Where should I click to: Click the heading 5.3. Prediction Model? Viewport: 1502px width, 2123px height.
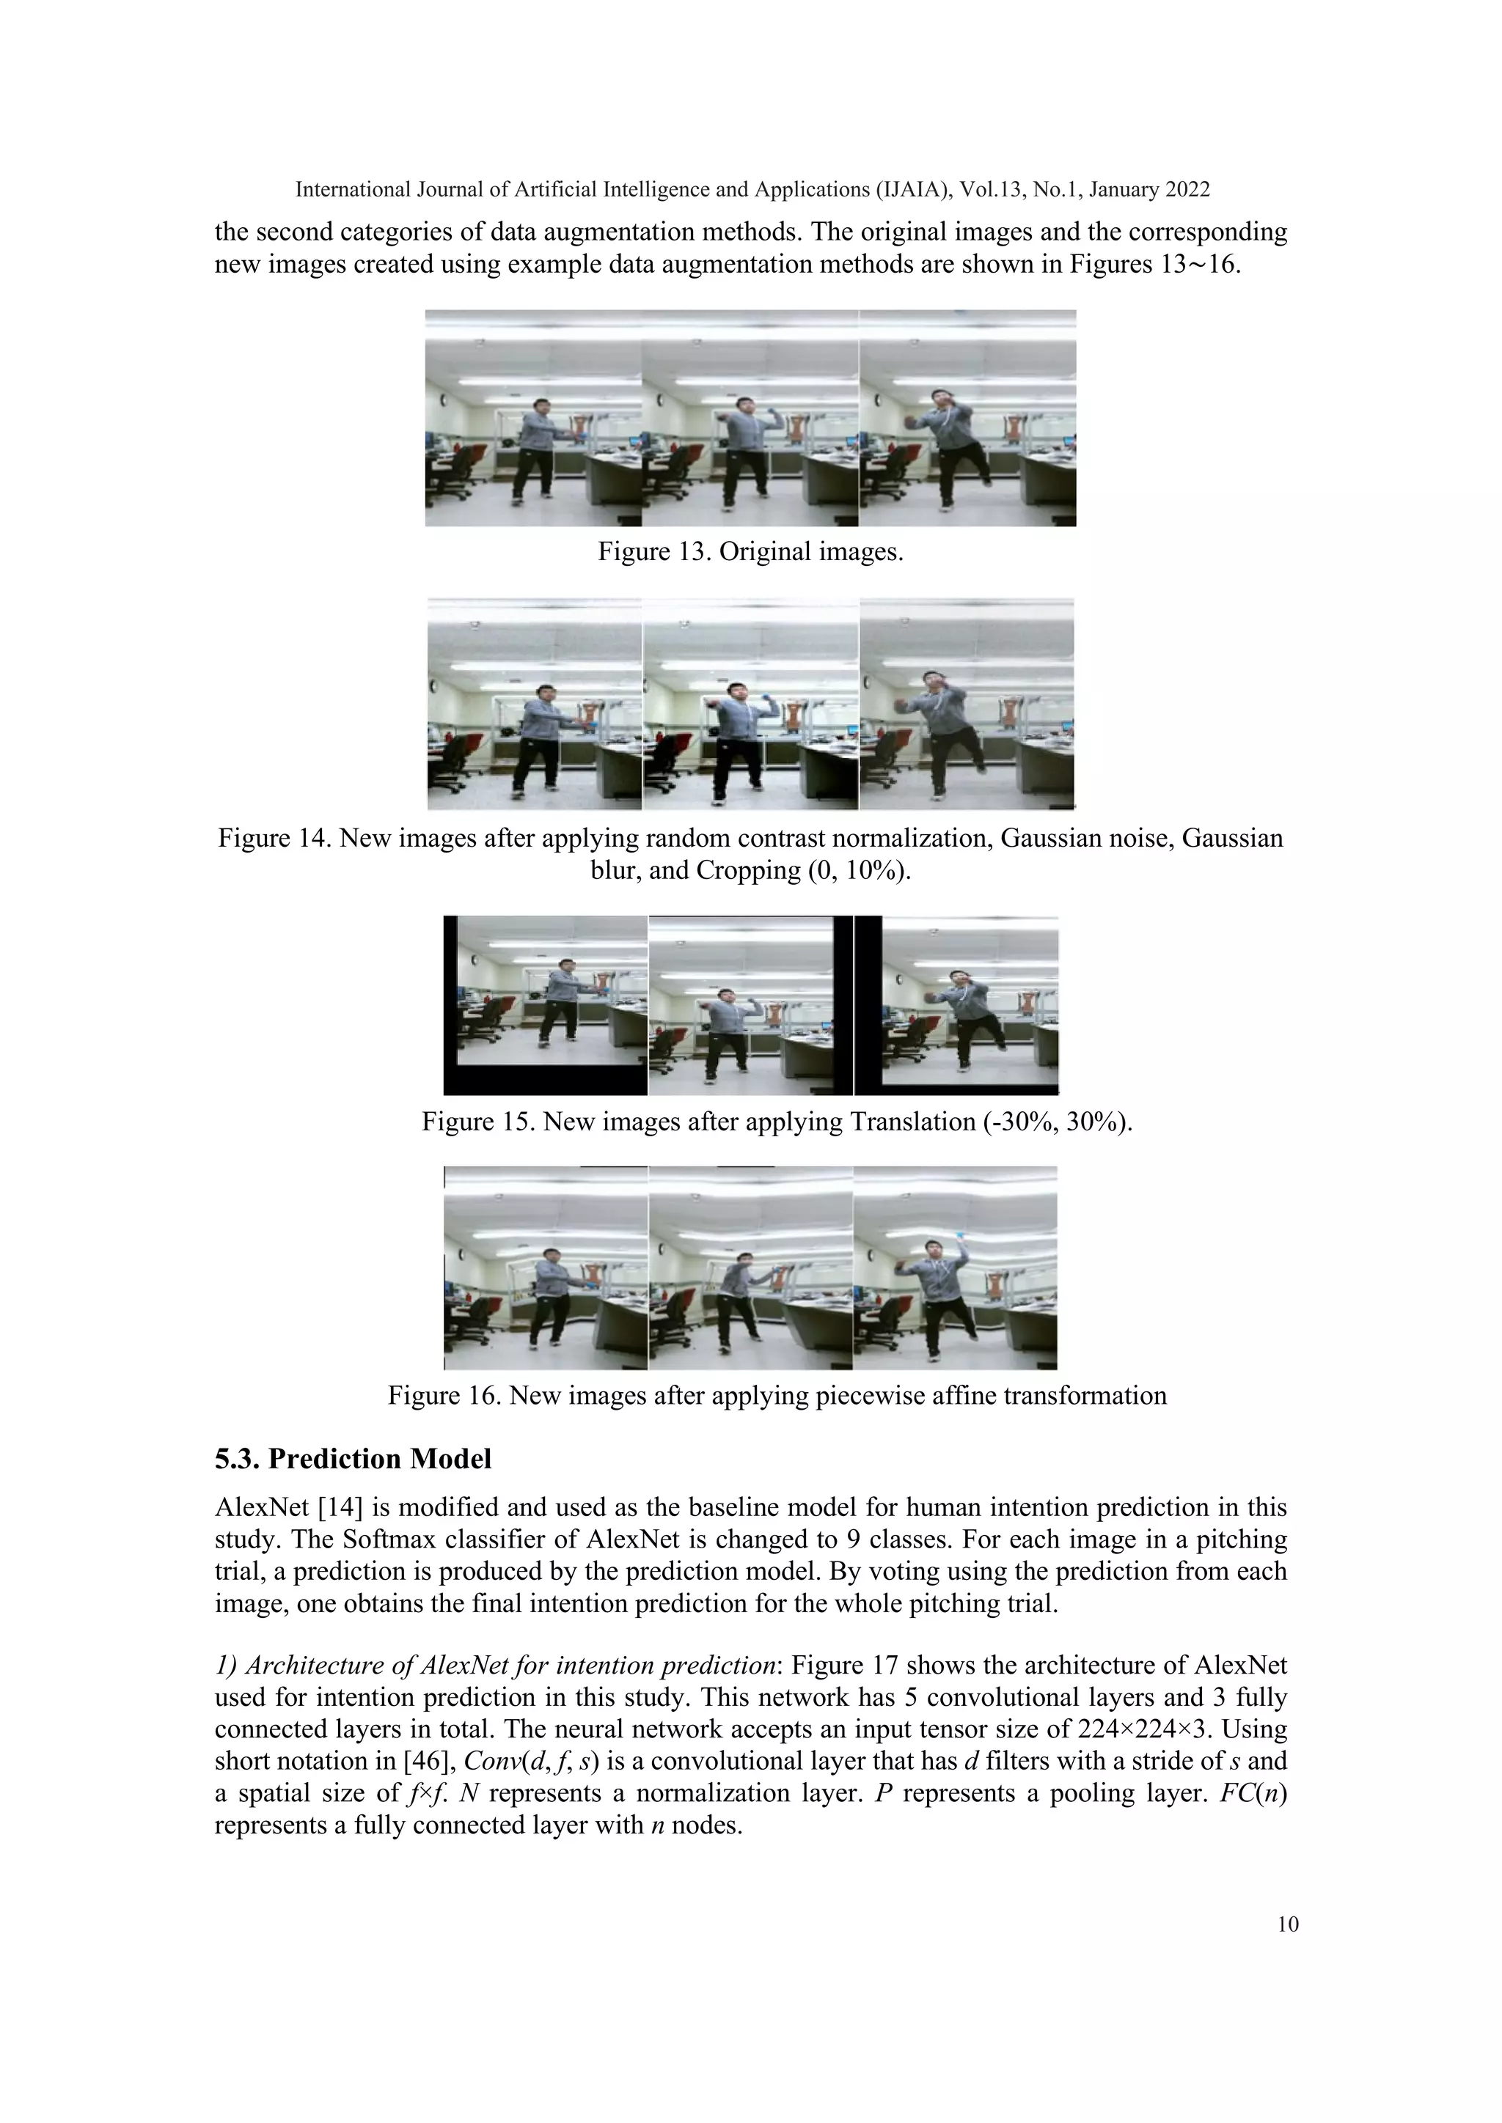(x=353, y=1458)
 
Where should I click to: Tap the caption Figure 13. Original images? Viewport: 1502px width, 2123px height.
(x=750, y=552)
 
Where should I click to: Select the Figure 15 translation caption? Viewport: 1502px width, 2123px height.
(x=777, y=1122)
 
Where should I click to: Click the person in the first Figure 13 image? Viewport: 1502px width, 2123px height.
(x=535, y=453)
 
